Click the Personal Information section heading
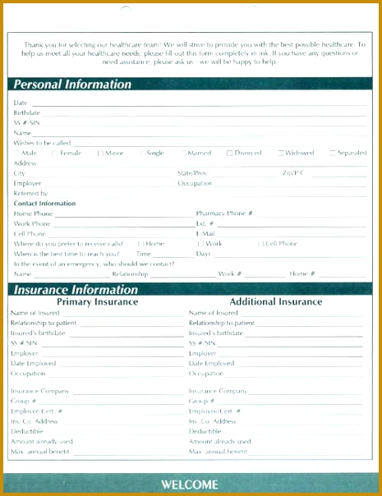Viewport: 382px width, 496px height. [72, 85]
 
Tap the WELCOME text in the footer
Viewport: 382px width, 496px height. [190, 484]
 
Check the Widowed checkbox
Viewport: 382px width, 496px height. [281, 153]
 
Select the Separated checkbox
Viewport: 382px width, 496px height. [333, 153]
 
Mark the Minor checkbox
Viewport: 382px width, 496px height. [100, 153]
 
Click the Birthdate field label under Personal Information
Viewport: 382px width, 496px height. [27, 113]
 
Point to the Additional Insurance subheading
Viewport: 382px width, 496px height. [276, 302]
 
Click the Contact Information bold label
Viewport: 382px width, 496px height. [44, 204]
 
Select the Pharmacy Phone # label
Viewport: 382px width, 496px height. [224, 214]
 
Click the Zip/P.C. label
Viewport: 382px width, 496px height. [293, 173]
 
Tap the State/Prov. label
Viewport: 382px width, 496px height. [193, 173]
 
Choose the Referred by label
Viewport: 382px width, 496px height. [30, 193]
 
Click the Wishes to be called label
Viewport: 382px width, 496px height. [42, 143]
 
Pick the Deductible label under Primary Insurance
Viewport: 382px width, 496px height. [27, 431]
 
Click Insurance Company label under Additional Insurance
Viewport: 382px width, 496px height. [218, 392]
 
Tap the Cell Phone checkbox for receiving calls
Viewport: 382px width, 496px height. [260, 244]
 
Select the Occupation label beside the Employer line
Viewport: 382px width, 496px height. [195, 183]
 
